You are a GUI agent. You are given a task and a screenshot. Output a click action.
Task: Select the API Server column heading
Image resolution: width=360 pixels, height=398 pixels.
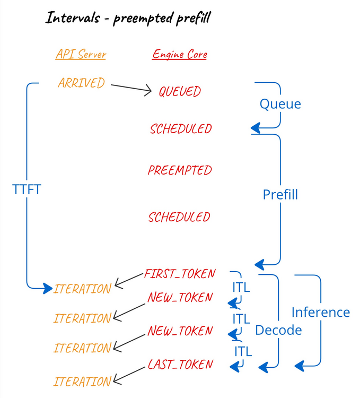(81, 54)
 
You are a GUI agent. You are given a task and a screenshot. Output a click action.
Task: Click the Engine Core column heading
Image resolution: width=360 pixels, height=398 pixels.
(180, 54)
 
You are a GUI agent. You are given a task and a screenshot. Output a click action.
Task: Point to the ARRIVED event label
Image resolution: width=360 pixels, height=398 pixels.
(81, 83)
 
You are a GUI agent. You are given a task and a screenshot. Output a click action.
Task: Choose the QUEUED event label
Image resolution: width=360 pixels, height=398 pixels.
(180, 91)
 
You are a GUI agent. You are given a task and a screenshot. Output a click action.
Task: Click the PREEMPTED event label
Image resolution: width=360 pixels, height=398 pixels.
(180, 170)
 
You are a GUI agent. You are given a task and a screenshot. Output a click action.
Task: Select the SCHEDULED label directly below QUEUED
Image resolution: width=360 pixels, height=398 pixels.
(180, 129)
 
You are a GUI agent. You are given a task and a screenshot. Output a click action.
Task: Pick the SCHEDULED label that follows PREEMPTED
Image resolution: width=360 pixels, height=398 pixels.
(179, 217)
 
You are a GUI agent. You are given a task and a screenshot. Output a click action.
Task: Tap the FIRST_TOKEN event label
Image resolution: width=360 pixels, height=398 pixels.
(180, 274)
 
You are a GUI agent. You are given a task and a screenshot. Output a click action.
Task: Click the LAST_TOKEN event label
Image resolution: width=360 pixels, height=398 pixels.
(180, 365)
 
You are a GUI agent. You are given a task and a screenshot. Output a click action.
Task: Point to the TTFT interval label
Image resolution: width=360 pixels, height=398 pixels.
(27, 189)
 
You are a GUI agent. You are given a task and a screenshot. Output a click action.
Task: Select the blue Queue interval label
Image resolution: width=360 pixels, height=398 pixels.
(280, 104)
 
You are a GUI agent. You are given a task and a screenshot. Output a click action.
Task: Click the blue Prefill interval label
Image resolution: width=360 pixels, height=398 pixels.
(280, 195)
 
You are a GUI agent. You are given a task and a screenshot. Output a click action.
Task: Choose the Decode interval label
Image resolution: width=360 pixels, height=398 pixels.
(278, 330)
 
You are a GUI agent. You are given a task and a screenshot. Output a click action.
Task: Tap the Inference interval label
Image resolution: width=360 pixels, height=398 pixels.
(321, 312)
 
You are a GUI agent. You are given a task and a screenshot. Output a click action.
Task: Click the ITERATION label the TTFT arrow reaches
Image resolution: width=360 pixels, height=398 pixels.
(82, 289)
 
